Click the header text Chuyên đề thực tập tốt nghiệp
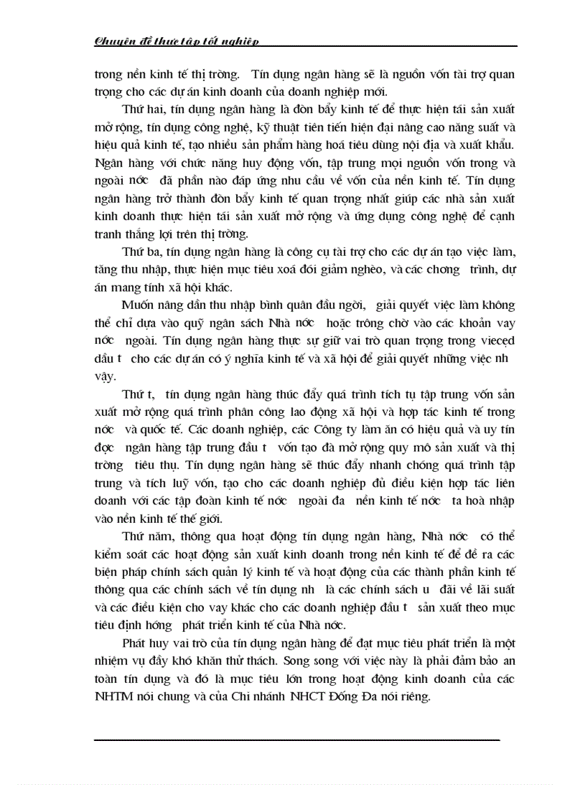pos(177,41)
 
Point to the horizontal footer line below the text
pos(297,739)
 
